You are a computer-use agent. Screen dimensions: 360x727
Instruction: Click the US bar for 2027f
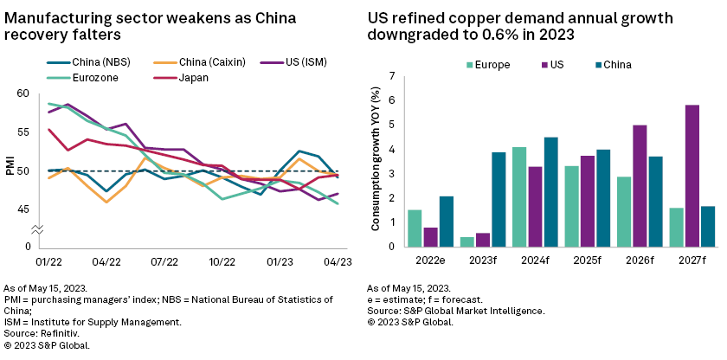click(x=692, y=176)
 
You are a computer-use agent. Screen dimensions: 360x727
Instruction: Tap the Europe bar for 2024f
click(x=519, y=196)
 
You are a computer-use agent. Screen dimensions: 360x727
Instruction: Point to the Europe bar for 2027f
click(x=677, y=227)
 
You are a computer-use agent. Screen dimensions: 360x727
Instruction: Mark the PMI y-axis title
click(x=8, y=170)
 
